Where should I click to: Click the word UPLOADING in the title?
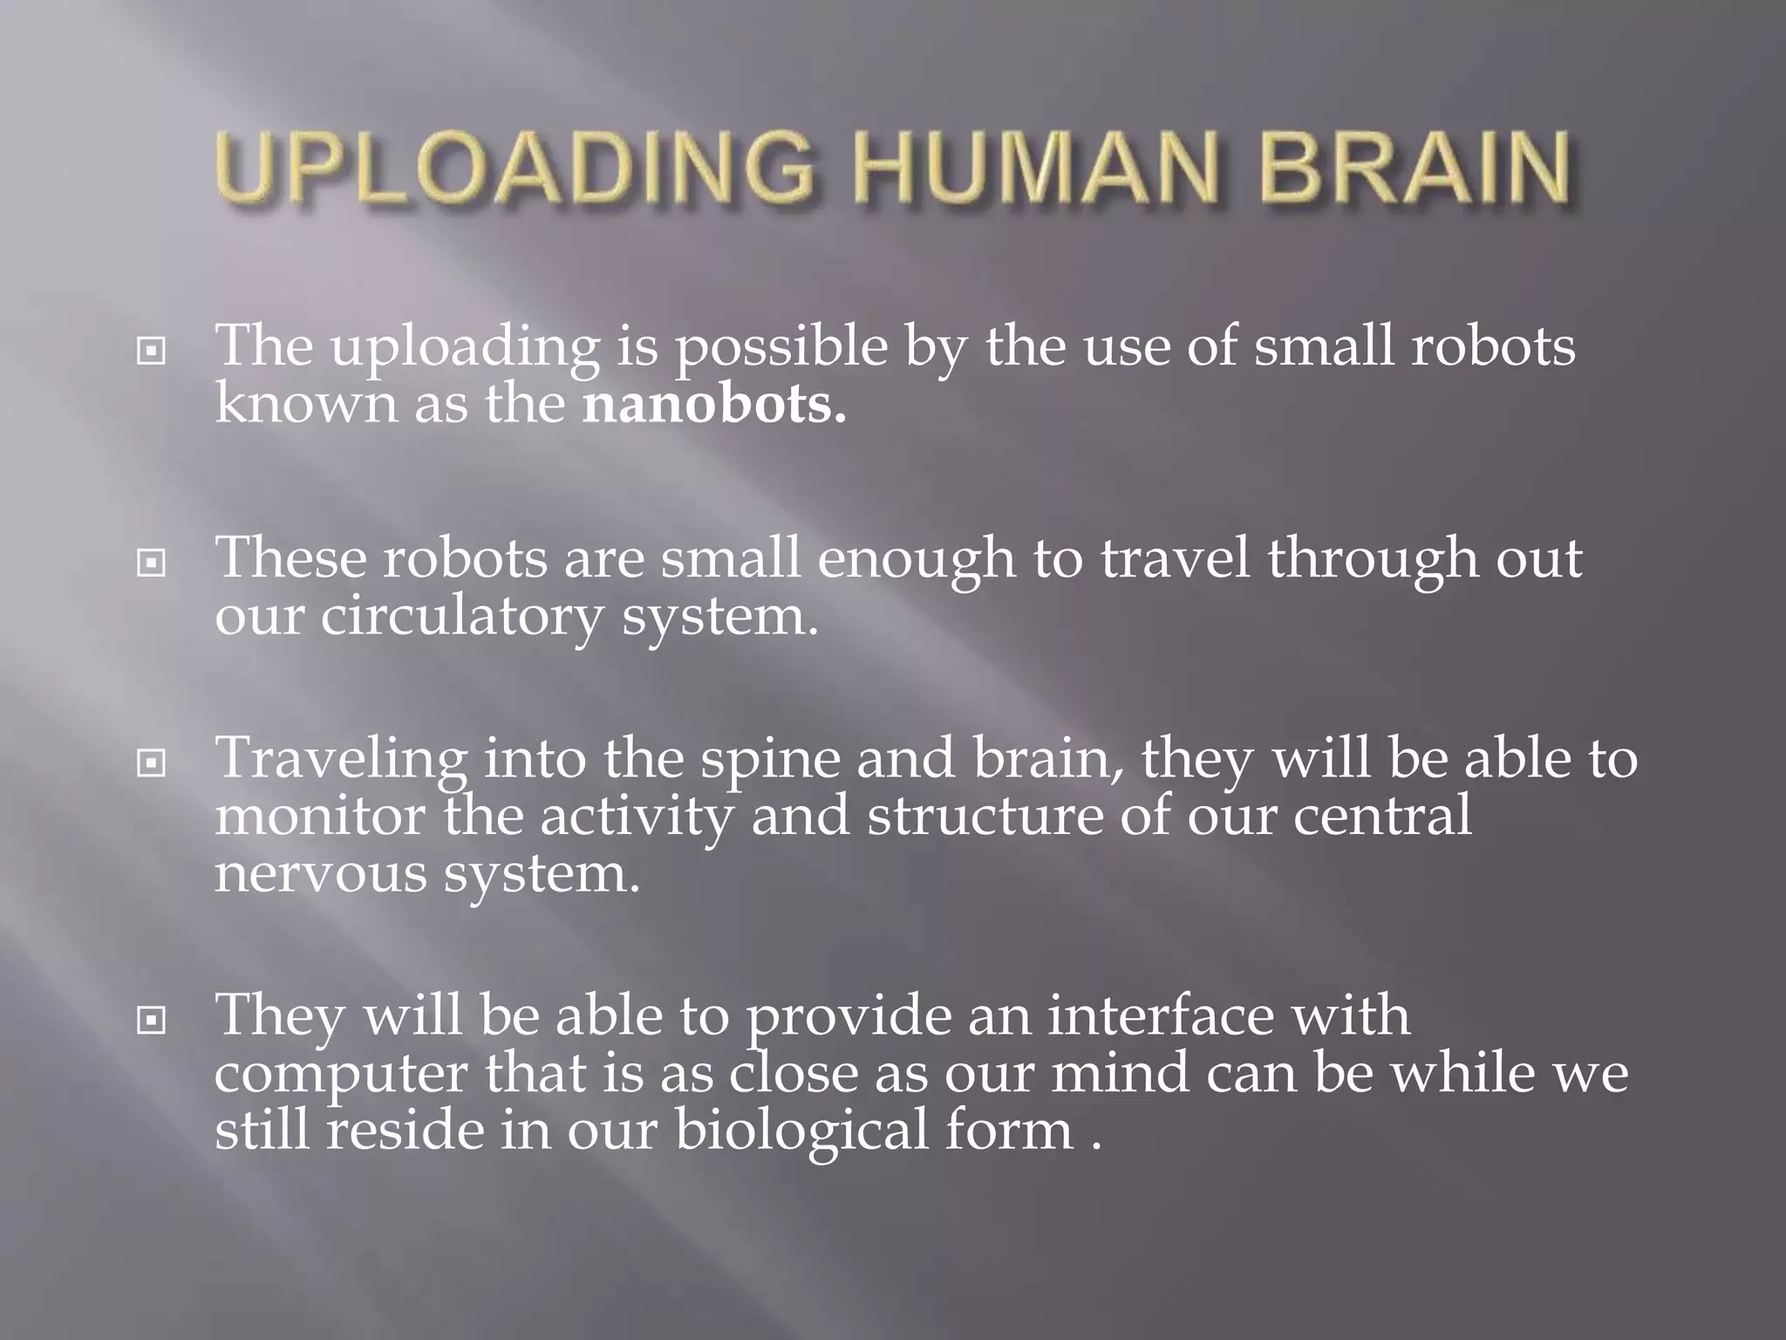click(515, 167)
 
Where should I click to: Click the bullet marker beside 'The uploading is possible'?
click(152, 352)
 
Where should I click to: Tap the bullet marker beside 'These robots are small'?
click(152, 564)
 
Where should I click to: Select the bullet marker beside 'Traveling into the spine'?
click(152, 763)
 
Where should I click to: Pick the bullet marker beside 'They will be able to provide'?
click(152, 1019)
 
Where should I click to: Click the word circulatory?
click(461, 617)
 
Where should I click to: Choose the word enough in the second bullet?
click(916, 560)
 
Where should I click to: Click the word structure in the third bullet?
click(985, 816)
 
